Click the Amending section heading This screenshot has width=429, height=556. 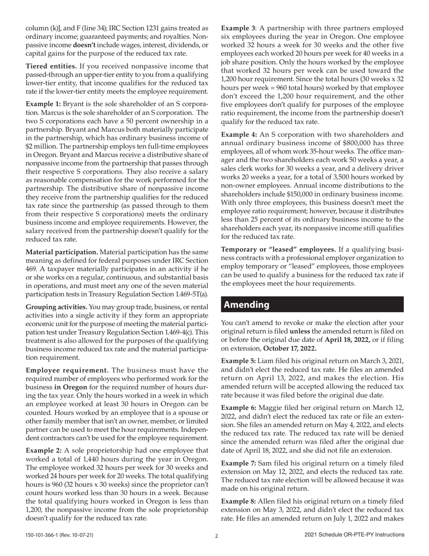[247, 305]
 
